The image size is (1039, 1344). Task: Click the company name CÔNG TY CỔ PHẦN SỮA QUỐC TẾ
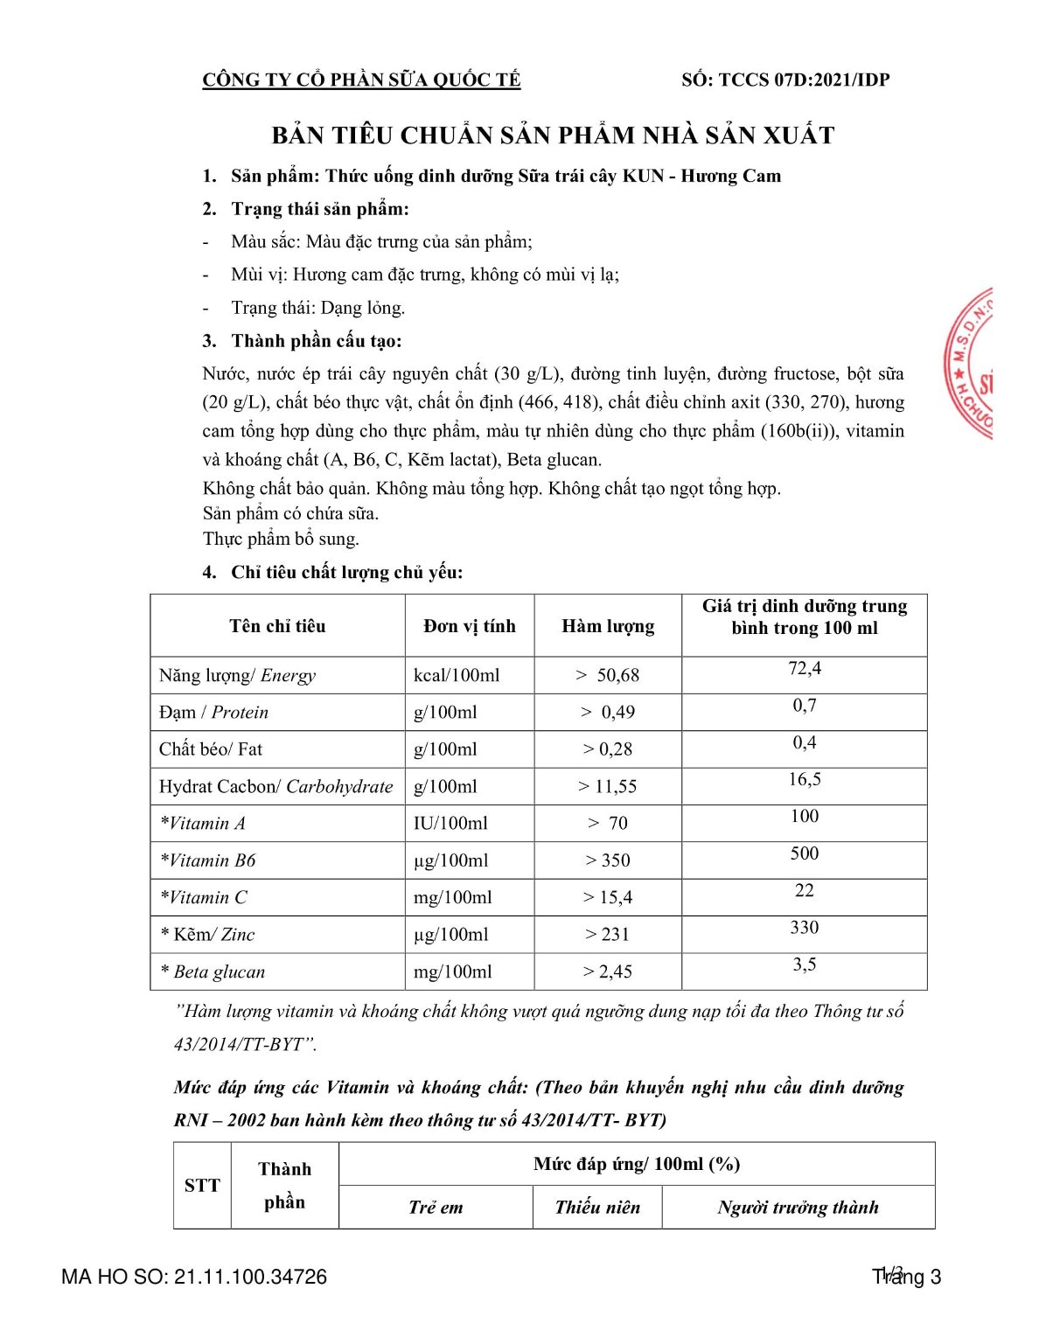coord(361,80)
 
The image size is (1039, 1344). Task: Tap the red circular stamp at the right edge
coord(972,363)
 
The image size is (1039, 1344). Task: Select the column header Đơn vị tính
coord(470,626)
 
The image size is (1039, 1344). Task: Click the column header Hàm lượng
coord(608,626)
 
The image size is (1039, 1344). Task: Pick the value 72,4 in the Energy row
coord(805,669)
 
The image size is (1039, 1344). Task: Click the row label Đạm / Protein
coord(213,713)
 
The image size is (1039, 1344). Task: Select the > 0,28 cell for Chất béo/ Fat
coord(608,749)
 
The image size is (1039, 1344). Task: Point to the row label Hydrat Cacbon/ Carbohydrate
coord(275,787)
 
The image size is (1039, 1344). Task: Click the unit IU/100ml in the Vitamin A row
coord(450,824)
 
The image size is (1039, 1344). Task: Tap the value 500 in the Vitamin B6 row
coord(805,853)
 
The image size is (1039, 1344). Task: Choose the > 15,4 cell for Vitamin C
coord(608,898)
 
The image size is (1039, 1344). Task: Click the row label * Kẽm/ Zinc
coord(207,935)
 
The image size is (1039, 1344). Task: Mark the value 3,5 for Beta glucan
coord(805,964)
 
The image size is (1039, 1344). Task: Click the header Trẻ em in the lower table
coord(436,1208)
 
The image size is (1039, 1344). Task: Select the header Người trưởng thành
coord(798,1208)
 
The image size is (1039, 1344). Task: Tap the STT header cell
coord(202,1186)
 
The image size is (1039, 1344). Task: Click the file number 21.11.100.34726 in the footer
coord(250,1277)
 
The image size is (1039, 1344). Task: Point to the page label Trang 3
coord(907,1277)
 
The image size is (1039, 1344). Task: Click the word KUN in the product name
coord(643,176)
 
